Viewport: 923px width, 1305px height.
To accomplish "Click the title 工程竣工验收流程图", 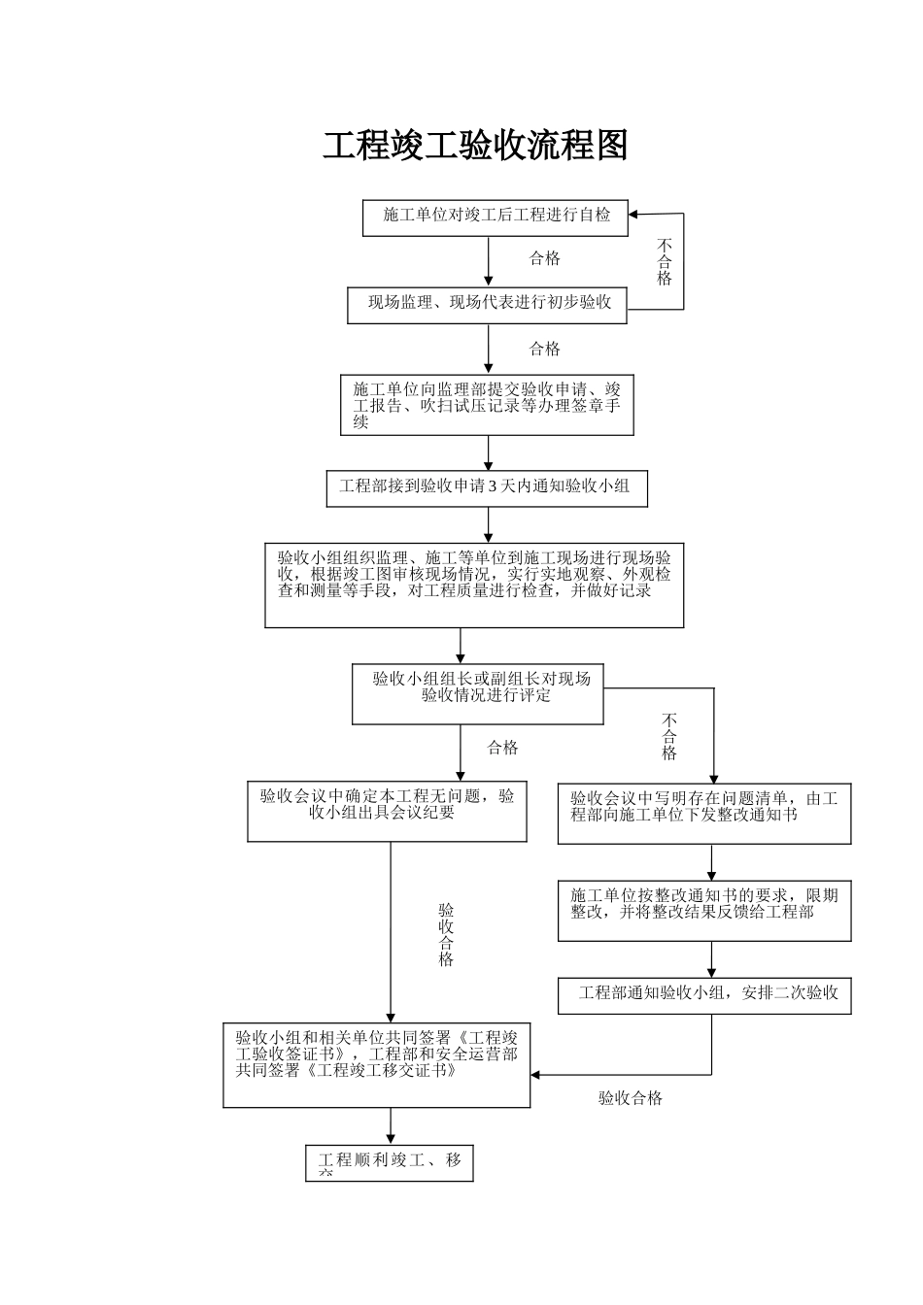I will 475,146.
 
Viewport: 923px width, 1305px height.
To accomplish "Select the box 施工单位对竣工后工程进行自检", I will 496,217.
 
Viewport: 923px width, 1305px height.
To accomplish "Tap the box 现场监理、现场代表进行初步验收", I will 488,305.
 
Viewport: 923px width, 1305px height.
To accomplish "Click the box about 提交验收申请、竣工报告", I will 487,405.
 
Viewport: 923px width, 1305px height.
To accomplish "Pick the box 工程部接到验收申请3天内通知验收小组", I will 487,488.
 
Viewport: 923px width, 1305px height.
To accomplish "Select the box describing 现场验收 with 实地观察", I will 474,585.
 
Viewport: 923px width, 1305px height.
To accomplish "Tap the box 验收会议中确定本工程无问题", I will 387,812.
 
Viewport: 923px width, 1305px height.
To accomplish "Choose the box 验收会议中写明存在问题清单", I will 704,814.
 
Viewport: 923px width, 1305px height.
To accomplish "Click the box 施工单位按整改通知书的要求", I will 704,911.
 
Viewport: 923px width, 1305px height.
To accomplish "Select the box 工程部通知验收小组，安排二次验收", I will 704,995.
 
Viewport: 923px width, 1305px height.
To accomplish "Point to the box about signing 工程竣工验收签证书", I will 377,1063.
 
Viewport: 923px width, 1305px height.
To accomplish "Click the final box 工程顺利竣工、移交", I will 390,1164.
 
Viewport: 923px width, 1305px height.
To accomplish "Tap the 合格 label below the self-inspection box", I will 544,258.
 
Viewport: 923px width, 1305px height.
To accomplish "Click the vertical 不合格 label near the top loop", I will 665,262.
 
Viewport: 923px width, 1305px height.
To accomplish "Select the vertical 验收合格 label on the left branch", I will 446,935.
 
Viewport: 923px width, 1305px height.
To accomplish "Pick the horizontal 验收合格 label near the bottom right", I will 631,1098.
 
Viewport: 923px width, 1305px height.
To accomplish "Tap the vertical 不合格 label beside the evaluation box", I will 669,736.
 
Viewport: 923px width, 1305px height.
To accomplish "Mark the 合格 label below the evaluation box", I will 502,748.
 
